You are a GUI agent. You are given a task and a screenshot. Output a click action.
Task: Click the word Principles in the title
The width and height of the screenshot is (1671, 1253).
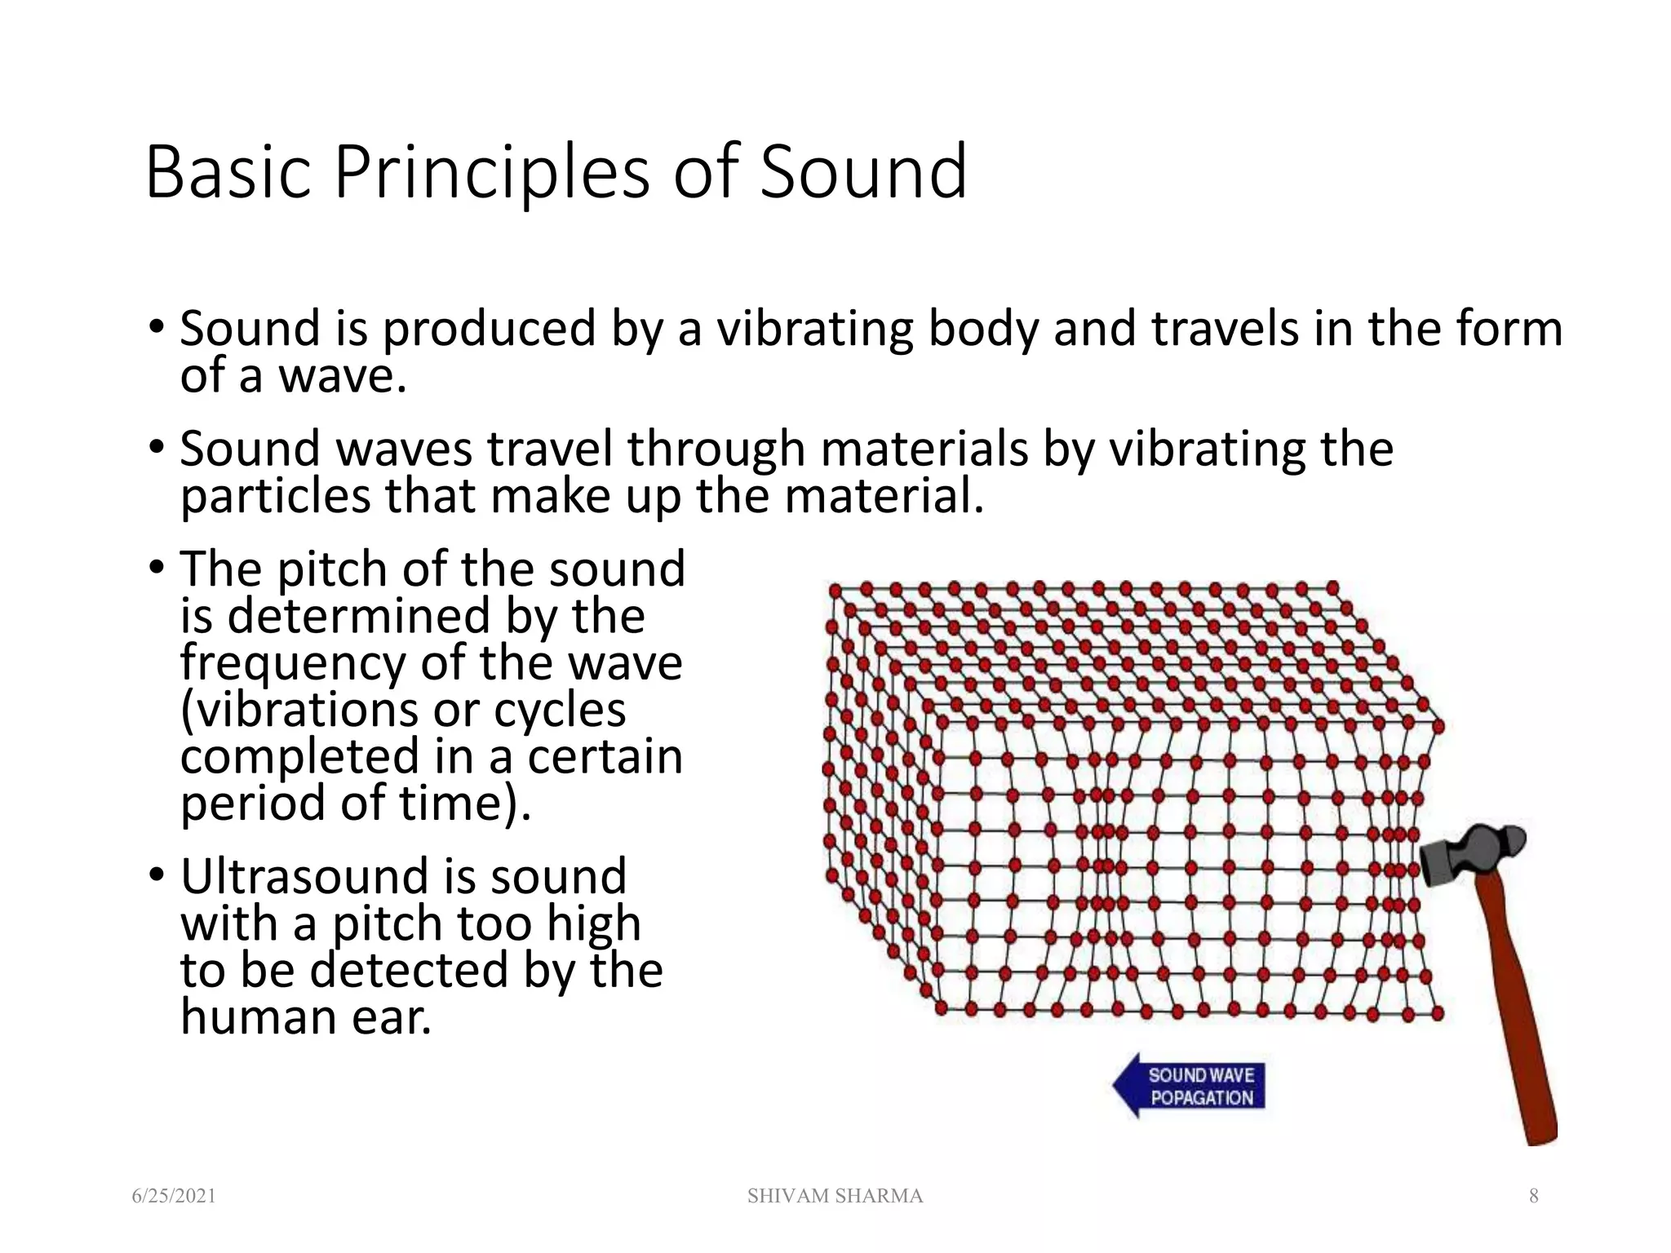coord(491,172)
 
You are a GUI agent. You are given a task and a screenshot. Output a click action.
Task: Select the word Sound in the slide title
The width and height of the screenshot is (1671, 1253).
coord(863,172)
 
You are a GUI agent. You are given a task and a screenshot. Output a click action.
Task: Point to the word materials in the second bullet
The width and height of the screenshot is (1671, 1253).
coord(924,449)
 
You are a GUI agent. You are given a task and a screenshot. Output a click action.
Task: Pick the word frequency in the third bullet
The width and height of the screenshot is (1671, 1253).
coord(292,662)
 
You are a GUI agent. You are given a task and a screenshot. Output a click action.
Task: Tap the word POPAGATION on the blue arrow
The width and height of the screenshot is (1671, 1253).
coord(1201,1098)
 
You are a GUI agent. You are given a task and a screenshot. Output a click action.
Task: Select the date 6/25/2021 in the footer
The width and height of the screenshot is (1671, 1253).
coord(174,1196)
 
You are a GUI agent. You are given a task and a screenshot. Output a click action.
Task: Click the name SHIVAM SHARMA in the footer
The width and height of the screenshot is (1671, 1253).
coord(835,1196)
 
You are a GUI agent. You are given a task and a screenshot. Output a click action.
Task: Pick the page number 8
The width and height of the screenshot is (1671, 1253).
coord(1533,1196)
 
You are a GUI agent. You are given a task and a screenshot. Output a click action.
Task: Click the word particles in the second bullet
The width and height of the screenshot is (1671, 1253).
coord(275,497)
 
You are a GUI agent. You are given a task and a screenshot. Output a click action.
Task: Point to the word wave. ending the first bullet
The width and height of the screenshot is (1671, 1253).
coord(342,377)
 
